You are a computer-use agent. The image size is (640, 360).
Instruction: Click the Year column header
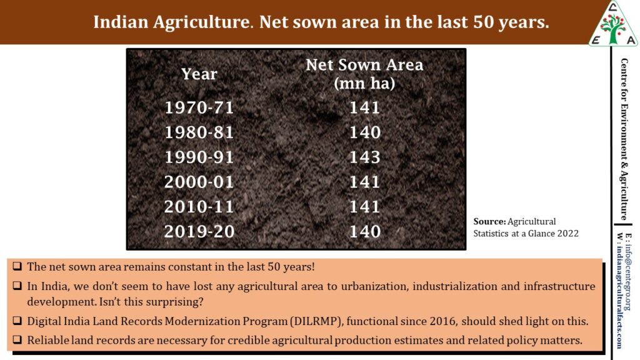click(199, 74)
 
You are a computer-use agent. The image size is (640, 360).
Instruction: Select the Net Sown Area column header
click(364, 73)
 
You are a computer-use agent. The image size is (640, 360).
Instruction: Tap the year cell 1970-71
click(199, 107)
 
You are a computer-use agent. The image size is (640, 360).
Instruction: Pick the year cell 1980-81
click(199, 132)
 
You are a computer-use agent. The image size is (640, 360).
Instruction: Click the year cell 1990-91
click(199, 157)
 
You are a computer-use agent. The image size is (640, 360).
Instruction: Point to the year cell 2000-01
click(199, 182)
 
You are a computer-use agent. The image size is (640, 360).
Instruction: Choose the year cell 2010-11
click(199, 207)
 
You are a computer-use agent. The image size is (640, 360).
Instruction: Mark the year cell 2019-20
click(199, 232)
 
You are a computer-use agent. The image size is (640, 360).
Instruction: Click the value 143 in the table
click(365, 157)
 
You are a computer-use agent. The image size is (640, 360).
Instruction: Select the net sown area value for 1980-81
click(365, 132)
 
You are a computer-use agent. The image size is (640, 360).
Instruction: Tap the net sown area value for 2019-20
click(365, 232)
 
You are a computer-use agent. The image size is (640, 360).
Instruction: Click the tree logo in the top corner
click(613, 23)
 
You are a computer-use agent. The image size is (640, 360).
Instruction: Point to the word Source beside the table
click(489, 221)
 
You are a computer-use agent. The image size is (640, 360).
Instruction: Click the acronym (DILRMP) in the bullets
click(316, 321)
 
